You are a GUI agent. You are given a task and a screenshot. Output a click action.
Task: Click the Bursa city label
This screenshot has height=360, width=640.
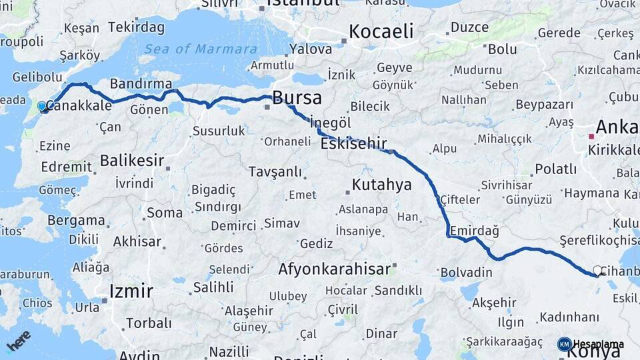pyautogui.click(x=297, y=98)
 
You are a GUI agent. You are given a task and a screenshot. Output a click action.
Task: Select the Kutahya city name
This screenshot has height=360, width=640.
pyautogui.click(x=382, y=185)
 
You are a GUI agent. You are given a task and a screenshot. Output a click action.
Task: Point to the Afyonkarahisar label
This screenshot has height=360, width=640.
pyautogui.click(x=334, y=269)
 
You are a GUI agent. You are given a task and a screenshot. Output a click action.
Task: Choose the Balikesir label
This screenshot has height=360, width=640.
pyautogui.click(x=132, y=160)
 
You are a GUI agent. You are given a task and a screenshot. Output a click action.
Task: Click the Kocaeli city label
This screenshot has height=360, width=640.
pyautogui.click(x=381, y=31)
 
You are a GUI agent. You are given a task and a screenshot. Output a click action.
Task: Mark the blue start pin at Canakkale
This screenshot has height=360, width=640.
pyautogui.click(x=43, y=107)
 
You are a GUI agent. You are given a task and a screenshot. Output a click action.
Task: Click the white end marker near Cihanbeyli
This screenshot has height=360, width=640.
pyautogui.click(x=597, y=271)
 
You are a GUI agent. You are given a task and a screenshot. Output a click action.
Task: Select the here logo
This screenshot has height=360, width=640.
pyautogui.click(x=18, y=341)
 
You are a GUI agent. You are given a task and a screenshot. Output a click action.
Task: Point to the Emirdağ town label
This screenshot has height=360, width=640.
pyautogui.click(x=475, y=230)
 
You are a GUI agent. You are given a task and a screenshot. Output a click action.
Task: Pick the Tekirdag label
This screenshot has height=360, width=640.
pyautogui.click(x=136, y=27)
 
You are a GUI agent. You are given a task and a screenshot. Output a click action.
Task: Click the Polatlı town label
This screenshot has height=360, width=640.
pyautogui.click(x=555, y=169)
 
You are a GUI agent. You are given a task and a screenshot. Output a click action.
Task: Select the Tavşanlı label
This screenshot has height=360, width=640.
pyautogui.click(x=275, y=172)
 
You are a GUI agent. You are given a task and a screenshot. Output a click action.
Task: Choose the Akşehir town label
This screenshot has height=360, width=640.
pyautogui.click(x=494, y=303)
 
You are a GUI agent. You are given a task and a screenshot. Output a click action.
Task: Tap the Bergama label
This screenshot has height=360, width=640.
pyautogui.click(x=77, y=220)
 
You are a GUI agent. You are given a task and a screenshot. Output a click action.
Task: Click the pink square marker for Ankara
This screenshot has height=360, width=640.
pyautogui.click(x=591, y=137)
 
